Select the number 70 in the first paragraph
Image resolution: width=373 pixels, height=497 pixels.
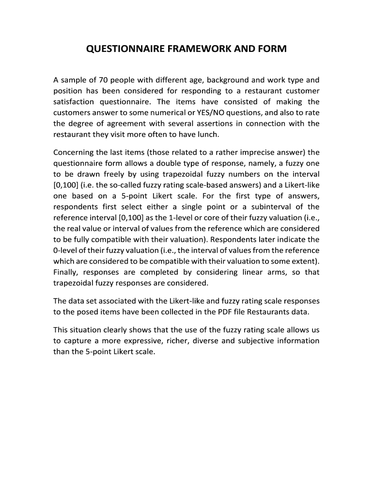tap(104, 80)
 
